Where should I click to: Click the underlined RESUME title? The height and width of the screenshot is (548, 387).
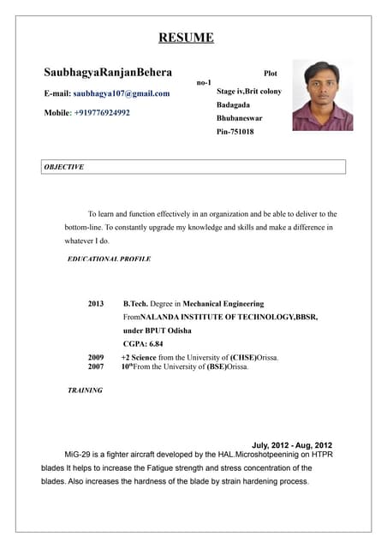click(x=186, y=37)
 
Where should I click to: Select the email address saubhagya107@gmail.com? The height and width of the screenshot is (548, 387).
click(x=121, y=92)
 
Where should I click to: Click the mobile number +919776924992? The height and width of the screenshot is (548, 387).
click(x=102, y=112)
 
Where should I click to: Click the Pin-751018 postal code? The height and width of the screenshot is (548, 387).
click(x=235, y=132)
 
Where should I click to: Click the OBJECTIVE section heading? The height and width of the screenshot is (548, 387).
click(x=63, y=167)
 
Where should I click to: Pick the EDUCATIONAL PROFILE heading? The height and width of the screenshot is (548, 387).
click(x=109, y=259)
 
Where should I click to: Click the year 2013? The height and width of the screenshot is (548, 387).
click(x=96, y=304)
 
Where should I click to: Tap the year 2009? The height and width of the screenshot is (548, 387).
click(x=96, y=357)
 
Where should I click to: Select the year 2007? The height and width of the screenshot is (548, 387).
click(x=96, y=366)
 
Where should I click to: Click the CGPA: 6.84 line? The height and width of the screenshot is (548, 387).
click(x=143, y=343)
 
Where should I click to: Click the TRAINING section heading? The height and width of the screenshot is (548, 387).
click(x=85, y=390)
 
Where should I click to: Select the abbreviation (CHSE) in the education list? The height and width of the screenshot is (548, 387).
click(x=247, y=357)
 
